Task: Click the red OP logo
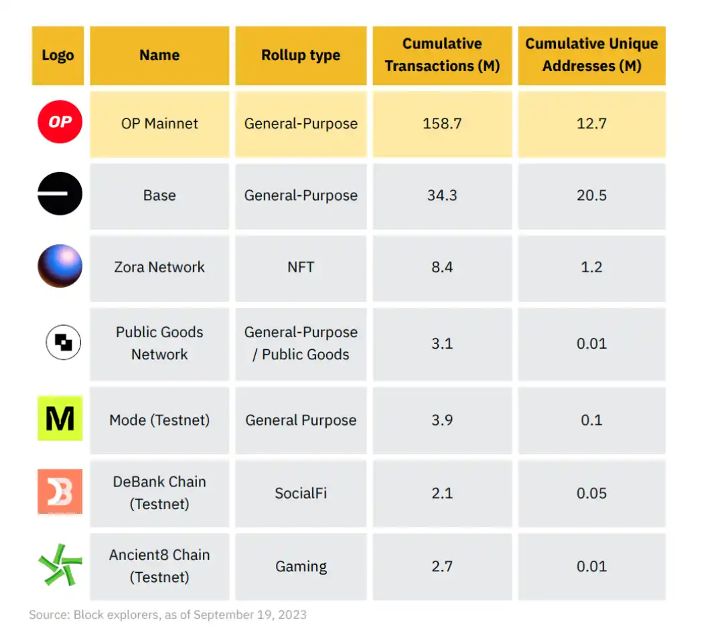[x=60, y=123]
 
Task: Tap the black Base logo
[x=60, y=195]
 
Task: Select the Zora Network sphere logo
[x=60, y=266]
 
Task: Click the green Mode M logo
[x=60, y=419]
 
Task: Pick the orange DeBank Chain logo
[x=60, y=492]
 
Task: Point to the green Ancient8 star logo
[x=60, y=565]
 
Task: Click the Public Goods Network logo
[x=63, y=343]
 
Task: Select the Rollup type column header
[x=301, y=56]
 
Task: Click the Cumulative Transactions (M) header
[x=442, y=55]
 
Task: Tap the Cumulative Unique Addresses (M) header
[x=591, y=55]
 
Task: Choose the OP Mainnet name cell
[x=159, y=124]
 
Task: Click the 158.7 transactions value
[x=442, y=124]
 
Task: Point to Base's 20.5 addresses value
[x=591, y=195]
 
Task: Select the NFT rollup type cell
[x=301, y=267]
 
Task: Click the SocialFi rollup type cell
[x=301, y=493]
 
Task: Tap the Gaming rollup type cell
[x=301, y=566]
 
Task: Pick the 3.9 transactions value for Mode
[x=442, y=420]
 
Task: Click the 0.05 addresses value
[x=591, y=493]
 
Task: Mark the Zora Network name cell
[x=159, y=267]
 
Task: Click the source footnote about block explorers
[x=167, y=614]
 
